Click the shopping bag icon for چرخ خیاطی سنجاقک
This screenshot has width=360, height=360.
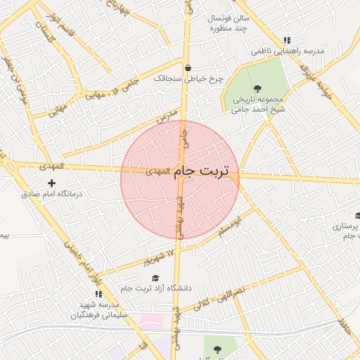click(x=188, y=67)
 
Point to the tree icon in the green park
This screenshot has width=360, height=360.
click(x=257, y=88)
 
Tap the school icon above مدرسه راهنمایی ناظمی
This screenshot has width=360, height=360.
click(x=285, y=40)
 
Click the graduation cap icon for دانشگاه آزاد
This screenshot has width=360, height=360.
click(x=155, y=278)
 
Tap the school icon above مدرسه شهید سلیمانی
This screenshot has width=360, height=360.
click(x=98, y=292)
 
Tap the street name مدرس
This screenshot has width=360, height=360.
click(x=164, y=117)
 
